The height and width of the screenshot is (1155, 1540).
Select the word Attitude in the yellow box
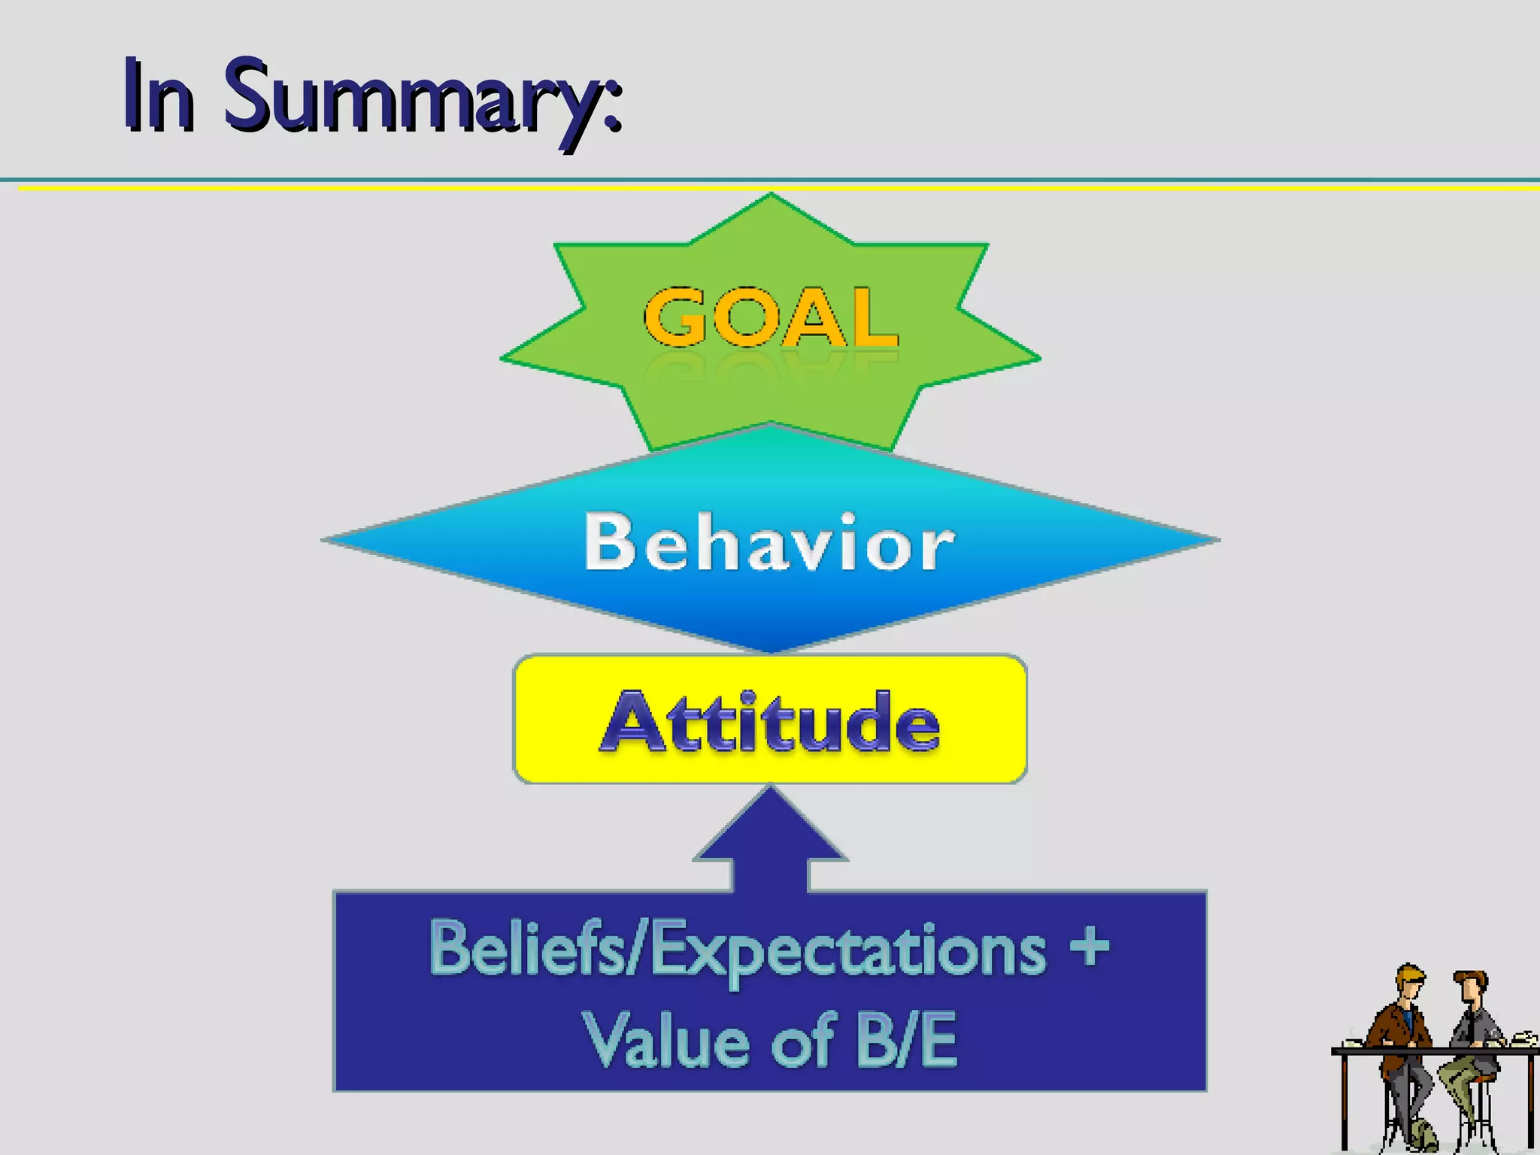pos(770,722)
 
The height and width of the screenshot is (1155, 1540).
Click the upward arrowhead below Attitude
pos(771,827)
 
